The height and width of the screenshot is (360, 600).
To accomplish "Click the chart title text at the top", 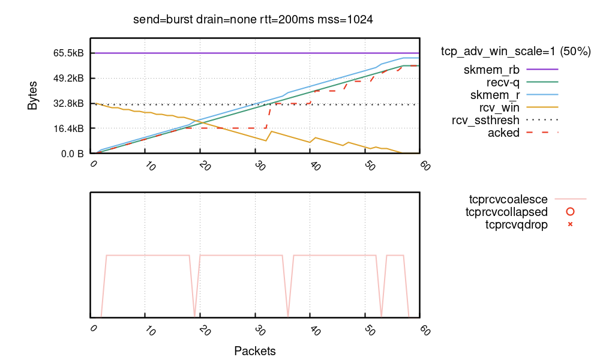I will point(253,20).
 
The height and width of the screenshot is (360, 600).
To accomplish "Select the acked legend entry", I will point(503,133).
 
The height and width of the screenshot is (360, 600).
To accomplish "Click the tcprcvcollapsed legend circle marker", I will point(570,212).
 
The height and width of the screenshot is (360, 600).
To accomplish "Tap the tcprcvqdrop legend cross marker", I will point(570,225).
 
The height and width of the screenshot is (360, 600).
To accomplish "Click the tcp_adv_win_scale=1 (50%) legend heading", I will point(516,52).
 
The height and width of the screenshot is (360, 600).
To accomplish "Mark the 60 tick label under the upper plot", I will point(425,166).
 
